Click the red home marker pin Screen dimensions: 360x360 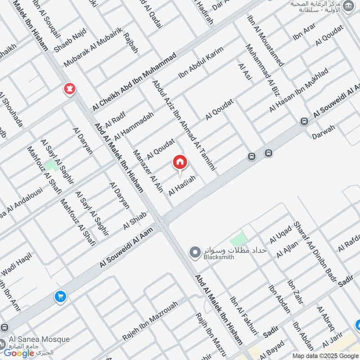[180, 162]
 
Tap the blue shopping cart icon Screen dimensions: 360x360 [60, 297]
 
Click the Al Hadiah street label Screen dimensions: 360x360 [182, 185]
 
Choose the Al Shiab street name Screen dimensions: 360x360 [135, 220]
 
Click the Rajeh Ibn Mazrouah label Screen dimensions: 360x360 [149, 321]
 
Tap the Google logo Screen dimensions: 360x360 [19, 353]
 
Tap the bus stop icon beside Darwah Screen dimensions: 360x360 [304, 121]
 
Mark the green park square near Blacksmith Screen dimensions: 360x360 [239, 238]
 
